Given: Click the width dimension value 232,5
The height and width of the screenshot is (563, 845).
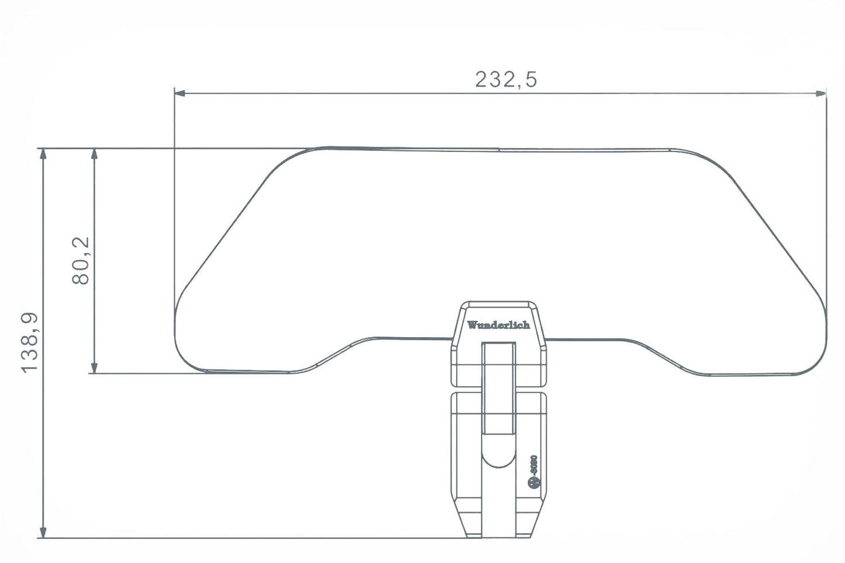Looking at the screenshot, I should (506, 79).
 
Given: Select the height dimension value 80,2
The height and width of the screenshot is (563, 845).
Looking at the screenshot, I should (81, 260).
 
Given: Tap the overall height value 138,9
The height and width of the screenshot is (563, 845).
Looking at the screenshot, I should (30, 342).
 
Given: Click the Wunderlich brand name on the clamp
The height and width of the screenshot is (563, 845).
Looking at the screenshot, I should (498, 325).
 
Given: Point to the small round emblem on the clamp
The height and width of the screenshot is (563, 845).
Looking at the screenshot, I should (533, 482).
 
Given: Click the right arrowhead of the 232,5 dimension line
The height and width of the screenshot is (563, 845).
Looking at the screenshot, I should (821, 92).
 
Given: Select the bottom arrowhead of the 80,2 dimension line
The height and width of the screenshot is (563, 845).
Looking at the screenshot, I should (94, 368).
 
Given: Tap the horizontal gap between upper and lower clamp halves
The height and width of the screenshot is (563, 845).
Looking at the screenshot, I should (498, 389).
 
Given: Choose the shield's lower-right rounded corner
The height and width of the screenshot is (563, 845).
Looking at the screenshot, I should (816, 360).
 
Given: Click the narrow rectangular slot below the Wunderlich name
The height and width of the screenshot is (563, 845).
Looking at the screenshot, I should (498, 389).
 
